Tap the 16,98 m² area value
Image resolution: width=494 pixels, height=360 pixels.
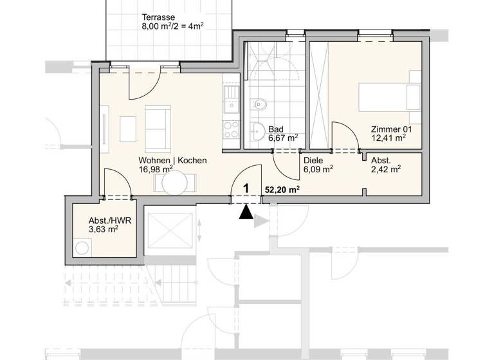pos(156,169)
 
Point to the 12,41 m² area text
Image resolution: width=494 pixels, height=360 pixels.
pos(388,138)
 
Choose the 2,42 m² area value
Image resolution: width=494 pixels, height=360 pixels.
pos(386,170)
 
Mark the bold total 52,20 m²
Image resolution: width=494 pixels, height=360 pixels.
pos(282,190)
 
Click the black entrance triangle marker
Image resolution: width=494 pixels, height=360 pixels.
pos(245,213)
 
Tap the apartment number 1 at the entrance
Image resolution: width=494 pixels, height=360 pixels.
pos(245,189)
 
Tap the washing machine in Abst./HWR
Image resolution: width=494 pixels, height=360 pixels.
pos(82,248)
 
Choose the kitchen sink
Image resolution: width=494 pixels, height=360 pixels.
pos(230,99)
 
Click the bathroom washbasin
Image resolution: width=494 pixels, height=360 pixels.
pos(259,129)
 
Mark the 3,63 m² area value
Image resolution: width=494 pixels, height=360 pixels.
pos(103,229)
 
